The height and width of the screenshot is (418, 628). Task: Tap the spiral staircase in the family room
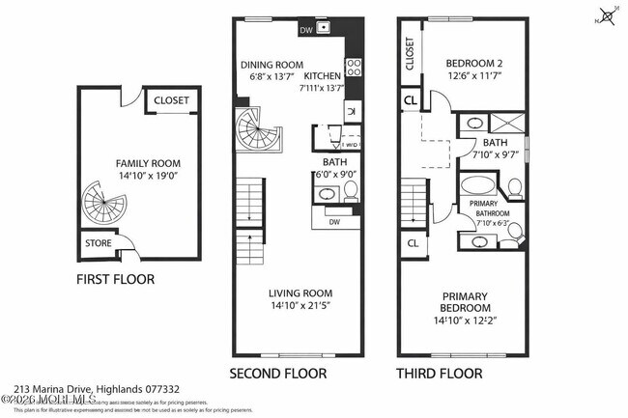pyautogui.click(x=101, y=205)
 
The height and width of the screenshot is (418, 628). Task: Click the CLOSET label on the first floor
pyautogui.click(x=172, y=100)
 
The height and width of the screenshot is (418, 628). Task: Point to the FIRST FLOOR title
pyautogui.click(x=115, y=280)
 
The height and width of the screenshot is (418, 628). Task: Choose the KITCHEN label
pyautogui.click(x=323, y=75)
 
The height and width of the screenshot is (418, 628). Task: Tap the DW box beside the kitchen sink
pyautogui.click(x=306, y=30)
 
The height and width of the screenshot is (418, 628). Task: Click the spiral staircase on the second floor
pyautogui.click(x=256, y=130)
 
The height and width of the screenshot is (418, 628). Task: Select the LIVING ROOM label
pyautogui.click(x=301, y=293)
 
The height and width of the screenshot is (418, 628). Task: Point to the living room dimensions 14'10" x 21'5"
pyautogui.click(x=301, y=306)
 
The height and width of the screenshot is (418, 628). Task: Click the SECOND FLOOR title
pyautogui.click(x=277, y=373)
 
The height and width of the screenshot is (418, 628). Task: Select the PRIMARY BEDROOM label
pyautogui.click(x=465, y=302)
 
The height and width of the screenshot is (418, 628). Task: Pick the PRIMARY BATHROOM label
pyautogui.click(x=491, y=209)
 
